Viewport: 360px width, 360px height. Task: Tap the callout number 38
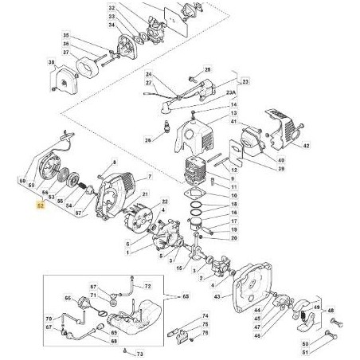point(51,63)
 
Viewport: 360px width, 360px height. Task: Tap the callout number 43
point(216,295)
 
